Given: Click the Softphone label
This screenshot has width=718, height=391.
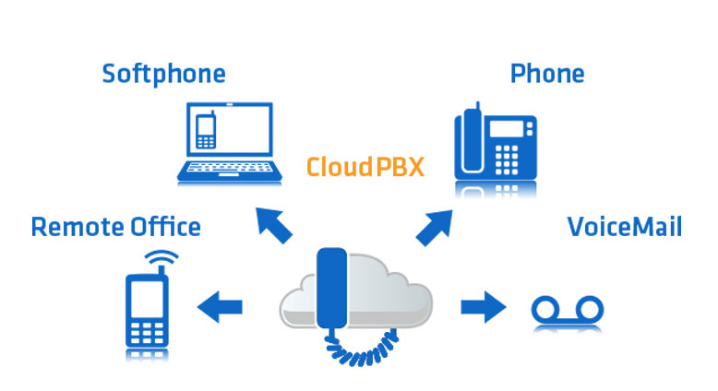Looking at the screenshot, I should point(163,74).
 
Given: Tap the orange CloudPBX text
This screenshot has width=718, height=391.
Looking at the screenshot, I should point(365,167).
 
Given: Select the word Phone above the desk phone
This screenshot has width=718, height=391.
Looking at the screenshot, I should point(546,73).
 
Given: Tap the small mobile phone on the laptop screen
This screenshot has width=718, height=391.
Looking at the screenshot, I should point(205,131).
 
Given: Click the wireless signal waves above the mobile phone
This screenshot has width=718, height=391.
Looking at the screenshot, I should point(163,257).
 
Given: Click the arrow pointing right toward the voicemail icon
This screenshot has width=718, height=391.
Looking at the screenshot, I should point(483,304).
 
